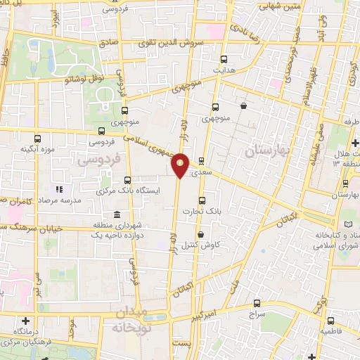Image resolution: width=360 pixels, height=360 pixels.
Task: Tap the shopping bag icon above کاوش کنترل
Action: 201,235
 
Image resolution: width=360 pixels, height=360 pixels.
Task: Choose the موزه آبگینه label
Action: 38,148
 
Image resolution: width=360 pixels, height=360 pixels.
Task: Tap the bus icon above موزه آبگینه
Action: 38,138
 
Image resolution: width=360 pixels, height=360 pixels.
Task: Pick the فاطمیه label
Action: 332,330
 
